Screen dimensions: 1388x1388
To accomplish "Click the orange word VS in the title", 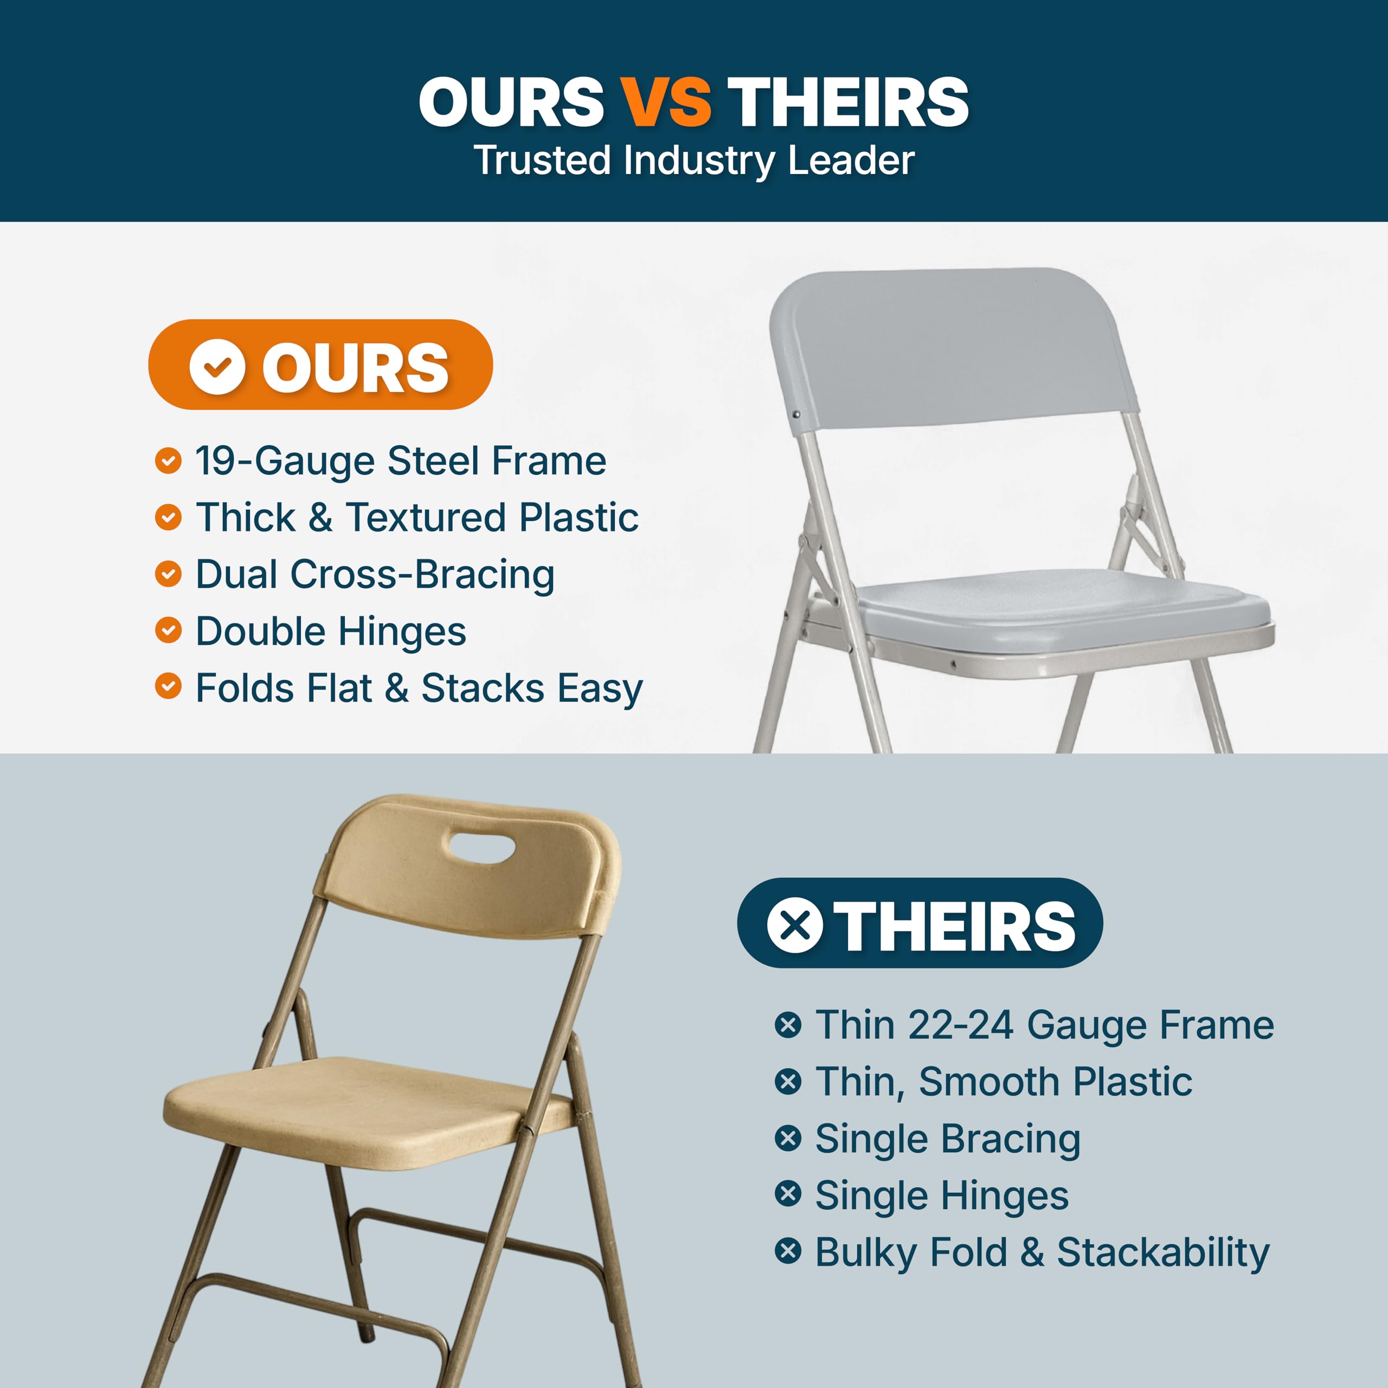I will (x=665, y=102).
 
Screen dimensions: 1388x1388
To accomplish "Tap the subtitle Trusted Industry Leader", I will (x=694, y=160).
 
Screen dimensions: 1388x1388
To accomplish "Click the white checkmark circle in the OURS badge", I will (x=217, y=367).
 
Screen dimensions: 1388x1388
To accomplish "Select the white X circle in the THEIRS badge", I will (x=795, y=926).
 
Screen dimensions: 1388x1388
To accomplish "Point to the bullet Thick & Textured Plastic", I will (x=417, y=517).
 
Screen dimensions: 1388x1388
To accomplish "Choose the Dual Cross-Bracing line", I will (x=375, y=574).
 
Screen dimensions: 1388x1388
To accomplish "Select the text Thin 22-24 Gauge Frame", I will (x=1044, y=1025).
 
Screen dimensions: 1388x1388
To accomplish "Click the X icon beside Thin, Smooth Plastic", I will (x=788, y=1081).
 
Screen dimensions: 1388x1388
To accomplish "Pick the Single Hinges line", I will (x=941, y=1196).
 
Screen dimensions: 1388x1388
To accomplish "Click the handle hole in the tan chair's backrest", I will (x=481, y=846).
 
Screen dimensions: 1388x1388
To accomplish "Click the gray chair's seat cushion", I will (x=1063, y=607).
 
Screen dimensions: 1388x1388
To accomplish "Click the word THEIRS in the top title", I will (x=848, y=102).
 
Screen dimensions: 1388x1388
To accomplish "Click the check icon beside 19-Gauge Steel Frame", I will (x=168, y=460).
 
